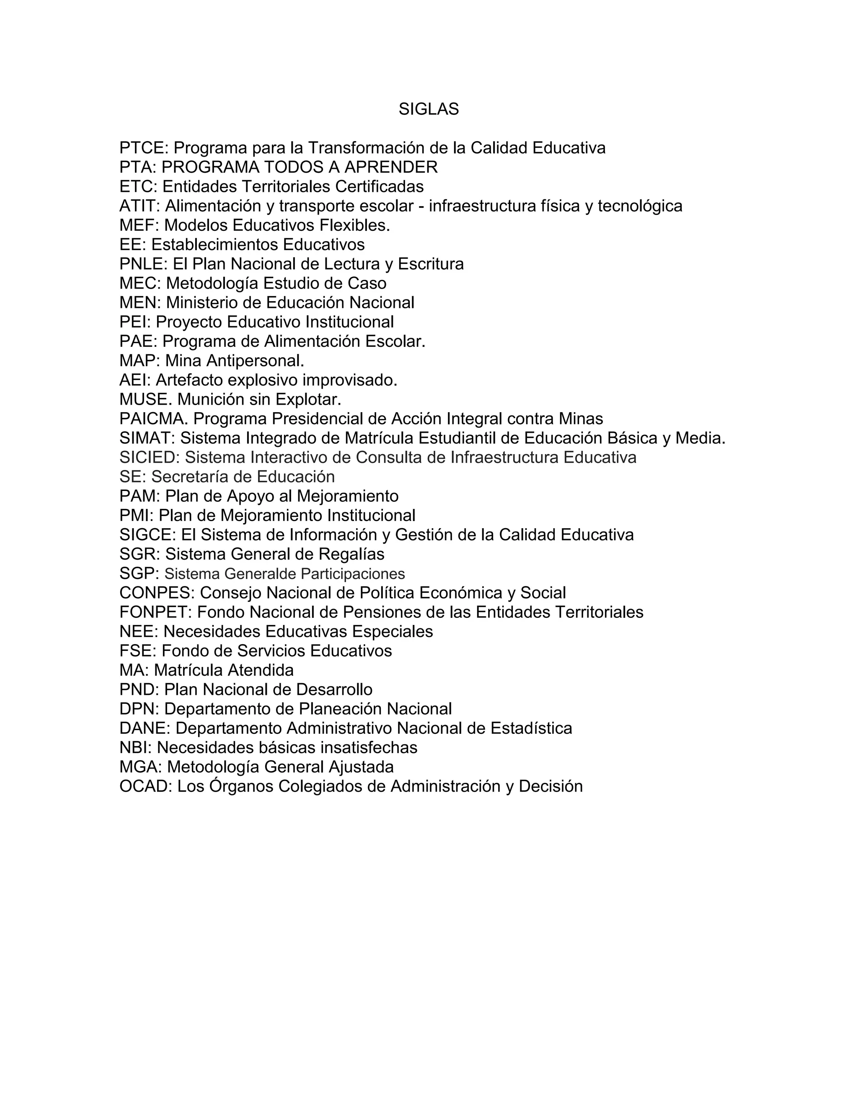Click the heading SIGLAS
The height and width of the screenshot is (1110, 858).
click(429, 109)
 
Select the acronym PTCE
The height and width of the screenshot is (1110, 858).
click(142, 148)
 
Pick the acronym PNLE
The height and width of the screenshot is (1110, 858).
click(142, 264)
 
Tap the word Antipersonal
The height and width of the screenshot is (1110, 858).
click(255, 361)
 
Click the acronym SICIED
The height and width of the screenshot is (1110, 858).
click(148, 457)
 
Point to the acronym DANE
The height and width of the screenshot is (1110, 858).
click(143, 728)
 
